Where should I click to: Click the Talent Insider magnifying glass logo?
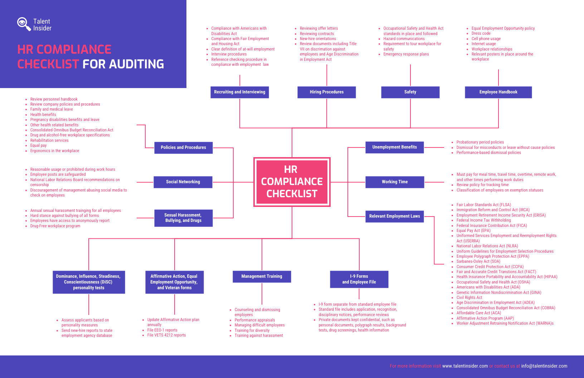pyautogui.click(x=24, y=24)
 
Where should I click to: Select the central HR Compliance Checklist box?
pyautogui.click(x=292, y=182)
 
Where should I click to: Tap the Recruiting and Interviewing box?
pyautogui.click(x=239, y=92)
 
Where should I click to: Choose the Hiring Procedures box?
pyautogui.click(x=326, y=92)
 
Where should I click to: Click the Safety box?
pyautogui.click(x=410, y=92)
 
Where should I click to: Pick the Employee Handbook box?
pyautogui.click(x=498, y=92)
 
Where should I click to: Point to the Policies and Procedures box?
pyautogui.click(x=183, y=147)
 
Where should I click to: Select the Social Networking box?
pyautogui.click(x=183, y=182)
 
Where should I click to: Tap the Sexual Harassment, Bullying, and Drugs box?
pyautogui.click(x=183, y=218)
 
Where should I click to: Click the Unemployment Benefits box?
pyautogui.click(x=394, y=147)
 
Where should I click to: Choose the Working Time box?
pyautogui.click(x=394, y=182)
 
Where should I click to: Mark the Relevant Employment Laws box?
pyautogui.click(x=394, y=216)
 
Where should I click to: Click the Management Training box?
pyautogui.click(x=262, y=276)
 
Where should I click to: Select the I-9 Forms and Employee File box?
pyautogui.click(x=359, y=279)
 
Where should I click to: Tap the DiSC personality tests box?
pyautogui.click(x=89, y=282)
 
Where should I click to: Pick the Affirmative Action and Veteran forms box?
pyautogui.click(x=174, y=282)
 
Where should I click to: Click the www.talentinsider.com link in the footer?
pyautogui.click(x=465, y=366)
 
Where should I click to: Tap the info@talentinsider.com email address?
pyautogui.click(x=544, y=366)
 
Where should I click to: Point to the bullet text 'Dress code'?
pyautogui.click(x=481, y=34)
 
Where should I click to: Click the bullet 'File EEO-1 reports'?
pyautogui.click(x=162, y=330)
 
